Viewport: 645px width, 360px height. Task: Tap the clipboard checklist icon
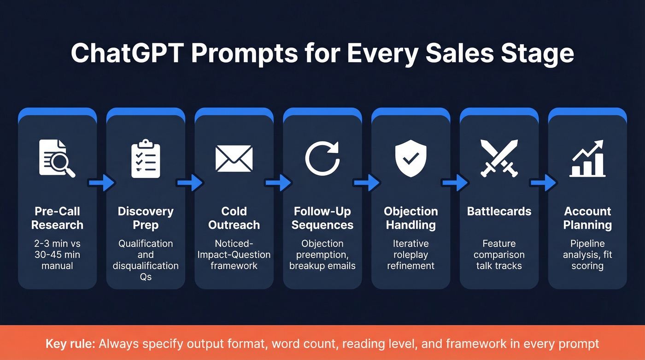point(146,159)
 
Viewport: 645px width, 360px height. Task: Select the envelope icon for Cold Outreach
point(234,159)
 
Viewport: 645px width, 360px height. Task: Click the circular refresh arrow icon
point(322,159)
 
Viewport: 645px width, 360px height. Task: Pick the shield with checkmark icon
point(411,159)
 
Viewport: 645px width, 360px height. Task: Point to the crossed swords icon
point(499,159)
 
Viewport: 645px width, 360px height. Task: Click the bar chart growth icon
point(587,159)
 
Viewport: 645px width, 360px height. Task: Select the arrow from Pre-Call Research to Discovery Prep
point(101,183)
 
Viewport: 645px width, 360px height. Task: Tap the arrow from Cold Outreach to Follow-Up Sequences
point(278,183)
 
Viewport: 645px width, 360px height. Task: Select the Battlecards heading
point(499,212)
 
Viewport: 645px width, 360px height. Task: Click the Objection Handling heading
point(411,218)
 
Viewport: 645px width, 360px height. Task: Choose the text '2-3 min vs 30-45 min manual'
point(57,254)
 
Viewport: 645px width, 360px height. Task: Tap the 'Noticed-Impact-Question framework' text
point(234,254)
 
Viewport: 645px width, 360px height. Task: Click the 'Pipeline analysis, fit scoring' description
point(587,254)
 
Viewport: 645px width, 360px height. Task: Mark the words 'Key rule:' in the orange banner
point(70,344)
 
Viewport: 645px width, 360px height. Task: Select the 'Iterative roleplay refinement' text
point(411,254)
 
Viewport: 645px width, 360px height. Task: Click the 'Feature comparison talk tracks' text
point(499,254)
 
